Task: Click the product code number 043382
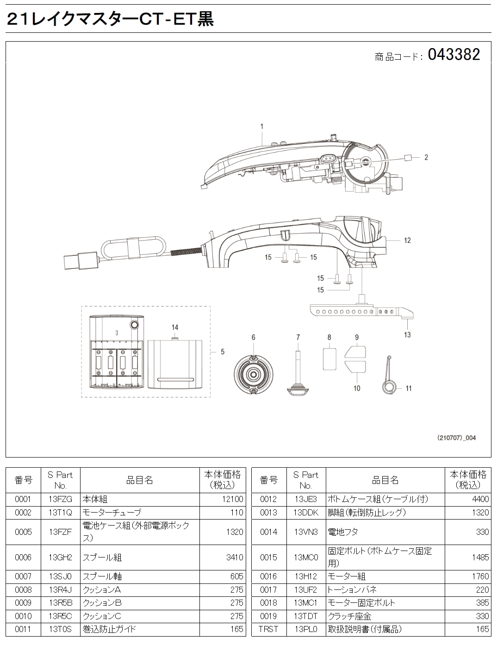click(454, 55)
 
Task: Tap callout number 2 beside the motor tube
click(426, 157)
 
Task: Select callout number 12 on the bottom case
click(407, 240)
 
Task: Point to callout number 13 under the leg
click(407, 335)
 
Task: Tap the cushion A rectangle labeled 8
click(329, 359)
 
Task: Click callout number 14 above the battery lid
click(174, 327)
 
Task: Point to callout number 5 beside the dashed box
click(223, 352)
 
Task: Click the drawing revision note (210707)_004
click(457, 437)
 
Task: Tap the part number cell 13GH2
click(61, 558)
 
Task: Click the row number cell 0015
click(268, 558)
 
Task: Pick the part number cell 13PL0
click(305, 629)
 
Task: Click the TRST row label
click(268, 629)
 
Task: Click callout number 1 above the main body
click(262, 126)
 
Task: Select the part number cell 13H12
click(305, 577)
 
